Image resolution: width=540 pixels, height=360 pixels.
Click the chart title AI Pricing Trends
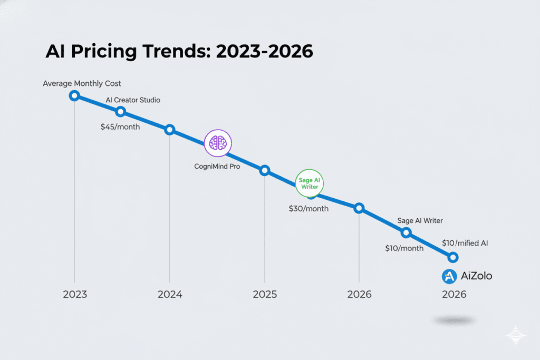(x=179, y=53)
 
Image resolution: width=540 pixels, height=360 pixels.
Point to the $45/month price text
(x=120, y=127)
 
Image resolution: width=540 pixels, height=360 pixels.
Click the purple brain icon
(x=218, y=142)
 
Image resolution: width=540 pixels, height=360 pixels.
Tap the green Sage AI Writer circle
(x=310, y=183)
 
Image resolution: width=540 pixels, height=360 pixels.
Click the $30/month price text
(x=308, y=208)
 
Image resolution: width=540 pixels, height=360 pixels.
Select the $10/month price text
(x=403, y=248)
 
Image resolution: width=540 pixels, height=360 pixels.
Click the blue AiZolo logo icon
(x=449, y=276)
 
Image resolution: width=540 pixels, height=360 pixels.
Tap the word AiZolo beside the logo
(x=476, y=276)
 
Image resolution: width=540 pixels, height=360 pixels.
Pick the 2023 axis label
(x=75, y=294)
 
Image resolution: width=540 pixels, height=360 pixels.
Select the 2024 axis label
(x=169, y=294)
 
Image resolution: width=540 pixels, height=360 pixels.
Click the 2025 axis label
(x=264, y=294)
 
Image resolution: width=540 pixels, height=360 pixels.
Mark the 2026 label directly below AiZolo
(x=454, y=294)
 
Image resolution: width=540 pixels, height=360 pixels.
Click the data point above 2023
(x=74, y=95)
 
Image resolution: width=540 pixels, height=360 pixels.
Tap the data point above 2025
(x=265, y=170)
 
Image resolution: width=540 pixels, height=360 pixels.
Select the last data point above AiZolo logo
(x=452, y=257)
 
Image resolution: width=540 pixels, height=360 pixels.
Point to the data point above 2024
(x=169, y=130)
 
